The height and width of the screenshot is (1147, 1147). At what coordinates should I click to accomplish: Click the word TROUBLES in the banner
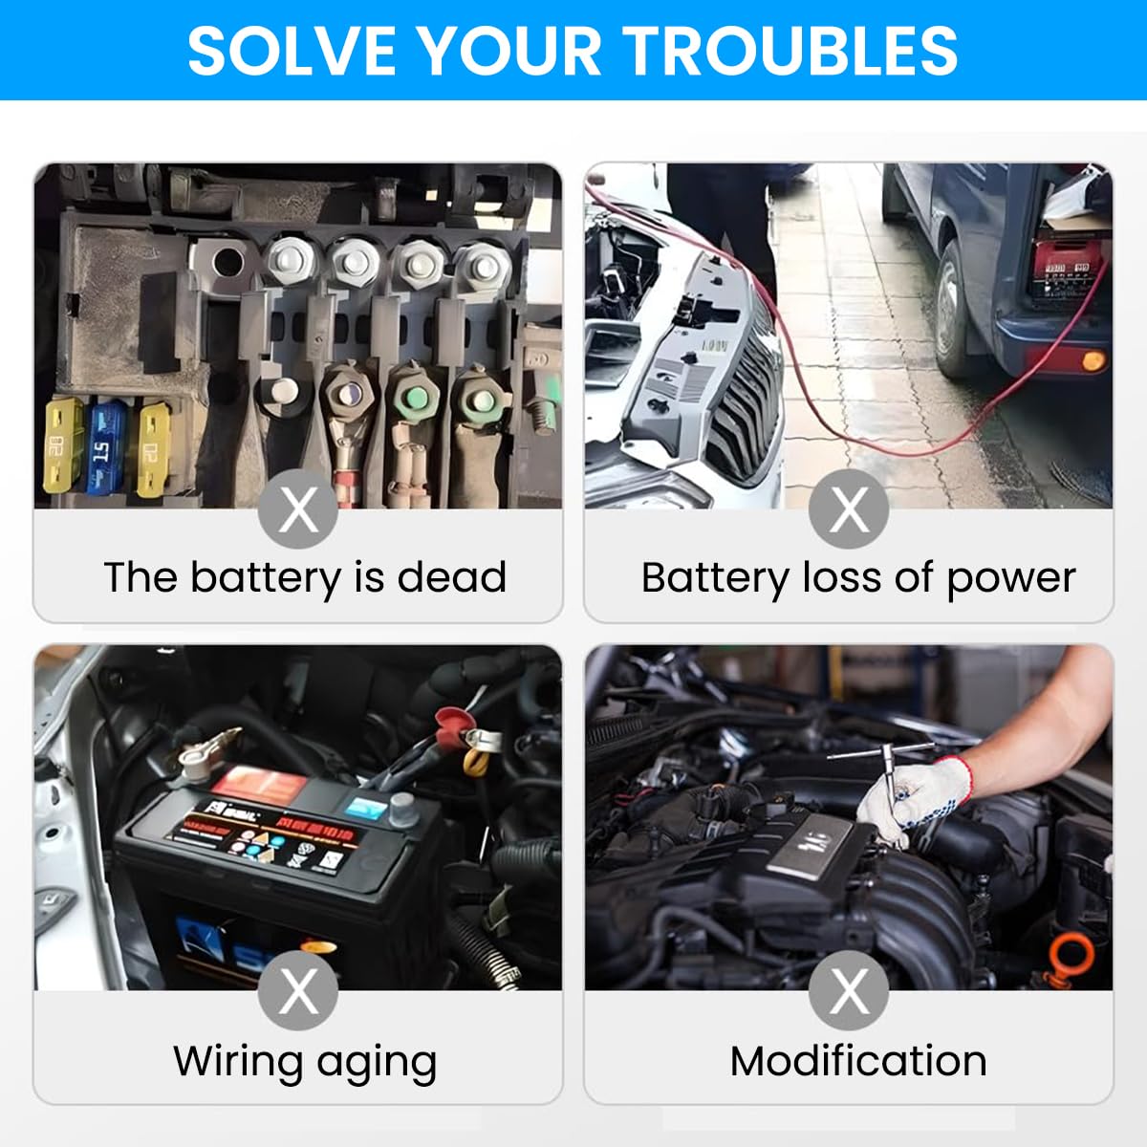pyautogui.click(x=790, y=50)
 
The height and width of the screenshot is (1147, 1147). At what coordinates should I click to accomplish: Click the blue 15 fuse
pyautogui.click(x=104, y=446)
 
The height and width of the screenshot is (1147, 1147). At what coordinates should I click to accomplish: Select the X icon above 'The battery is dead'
pyautogui.click(x=298, y=509)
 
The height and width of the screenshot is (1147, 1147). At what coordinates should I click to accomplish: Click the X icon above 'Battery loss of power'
pyautogui.click(x=849, y=509)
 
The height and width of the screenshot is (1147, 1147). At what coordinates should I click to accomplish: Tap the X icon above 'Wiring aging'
pyautogui.click(x=298, y=990)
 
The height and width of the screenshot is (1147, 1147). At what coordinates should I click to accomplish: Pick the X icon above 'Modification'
pyautogui.click(x=849, y=990)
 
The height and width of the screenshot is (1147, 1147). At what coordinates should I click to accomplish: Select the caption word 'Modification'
pyautogui.click(x=858, y=1061)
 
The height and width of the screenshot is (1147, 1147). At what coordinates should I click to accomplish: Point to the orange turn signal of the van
pyautogui.click(x=1092, y=361)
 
